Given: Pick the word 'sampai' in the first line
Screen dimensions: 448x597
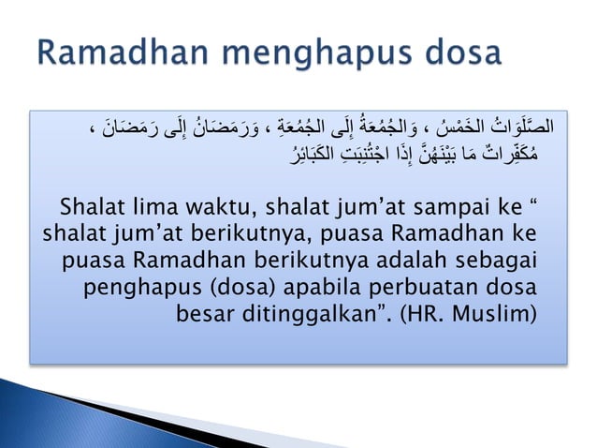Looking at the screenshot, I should click(448, 206).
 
